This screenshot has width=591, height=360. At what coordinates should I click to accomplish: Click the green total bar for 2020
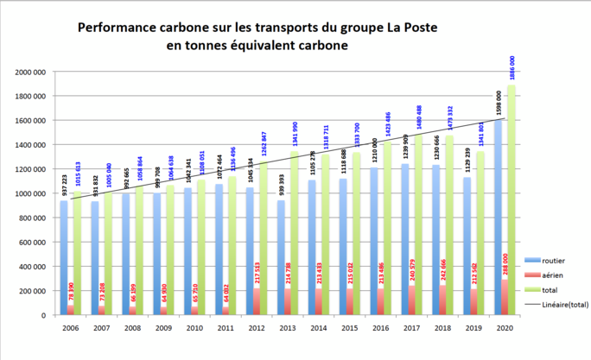(512, 199)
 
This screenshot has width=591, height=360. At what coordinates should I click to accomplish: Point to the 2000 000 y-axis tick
(31, 73)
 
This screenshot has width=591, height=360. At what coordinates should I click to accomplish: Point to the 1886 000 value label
(512, 69)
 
